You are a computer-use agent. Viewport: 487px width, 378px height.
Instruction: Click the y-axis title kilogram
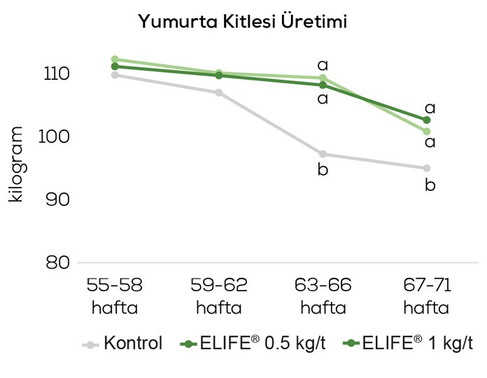(17, 165)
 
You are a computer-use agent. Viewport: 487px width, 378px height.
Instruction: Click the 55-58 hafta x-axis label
(115, 295)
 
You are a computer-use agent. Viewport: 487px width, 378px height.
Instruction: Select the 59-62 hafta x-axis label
(219, 295)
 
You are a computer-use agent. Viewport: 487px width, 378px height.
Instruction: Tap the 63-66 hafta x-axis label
(323, 295)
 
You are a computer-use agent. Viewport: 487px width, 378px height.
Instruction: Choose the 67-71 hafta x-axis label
(427, 295)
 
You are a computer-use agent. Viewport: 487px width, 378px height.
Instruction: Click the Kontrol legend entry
(123, 344)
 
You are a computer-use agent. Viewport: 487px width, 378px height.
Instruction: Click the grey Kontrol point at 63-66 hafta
(323, 154)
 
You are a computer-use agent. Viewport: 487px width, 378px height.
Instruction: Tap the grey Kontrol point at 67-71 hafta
(427, 168)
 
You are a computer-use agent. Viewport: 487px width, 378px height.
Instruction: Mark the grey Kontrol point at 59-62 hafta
(219, 92)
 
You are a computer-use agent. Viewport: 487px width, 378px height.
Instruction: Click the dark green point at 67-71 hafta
(427, 120)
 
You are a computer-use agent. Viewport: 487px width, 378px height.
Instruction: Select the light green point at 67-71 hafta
(427, 131)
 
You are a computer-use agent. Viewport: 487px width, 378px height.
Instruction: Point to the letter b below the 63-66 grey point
(323, 170)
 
